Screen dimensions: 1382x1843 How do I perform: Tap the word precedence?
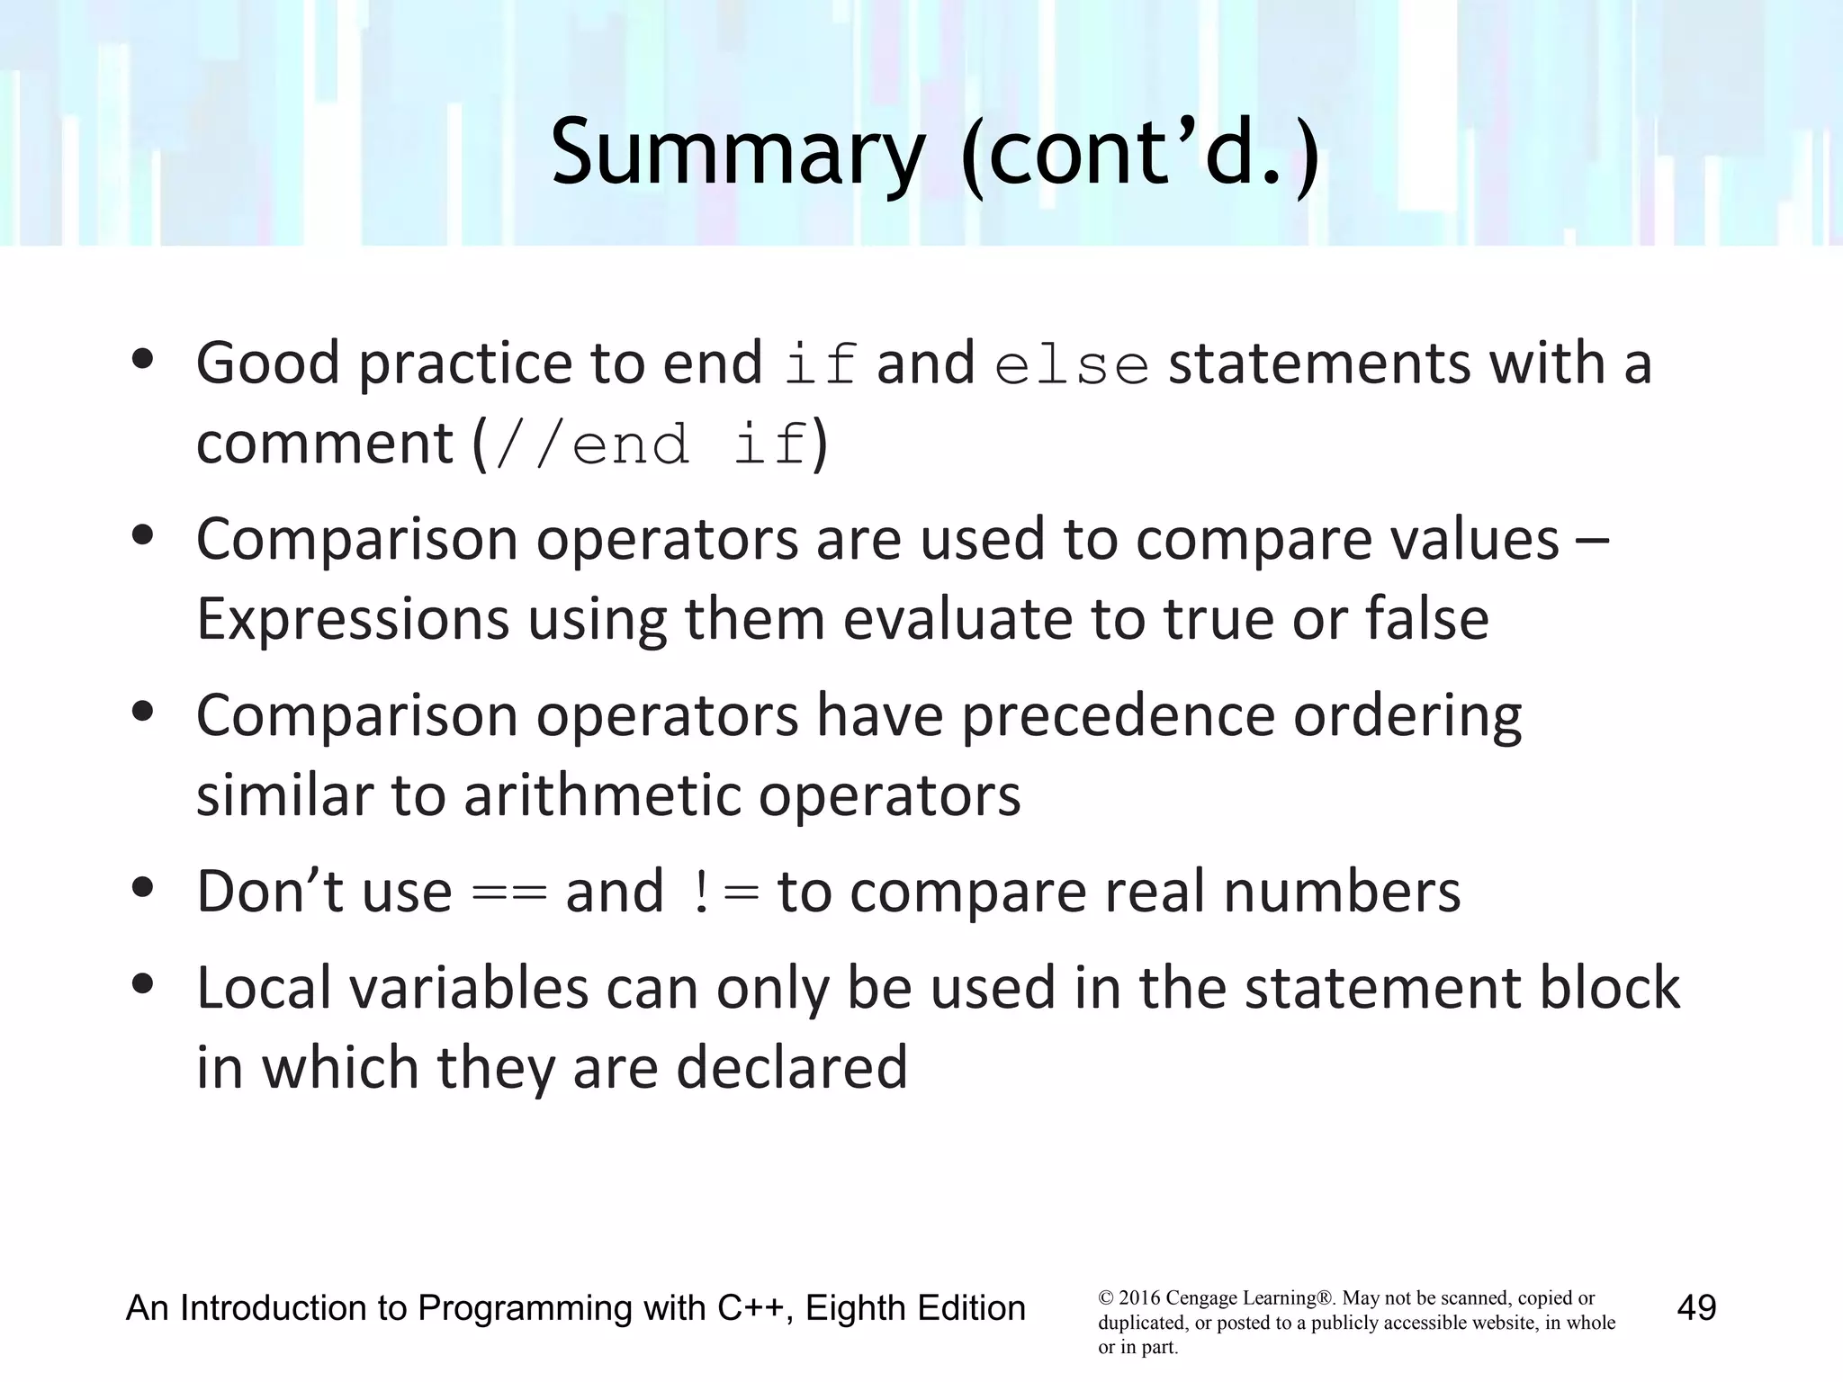click(1118, 717)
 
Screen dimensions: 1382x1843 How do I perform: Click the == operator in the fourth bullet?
click(509, 893)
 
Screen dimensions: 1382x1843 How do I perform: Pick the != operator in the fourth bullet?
click(724, 893)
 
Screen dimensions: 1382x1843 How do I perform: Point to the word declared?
click(791, 1067)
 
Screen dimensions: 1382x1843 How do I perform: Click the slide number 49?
click(1696, 1307)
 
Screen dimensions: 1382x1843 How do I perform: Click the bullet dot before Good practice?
click(142, 360)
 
